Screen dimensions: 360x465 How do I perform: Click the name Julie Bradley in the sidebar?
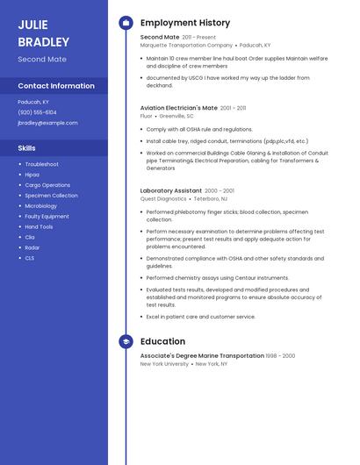coord(43,32)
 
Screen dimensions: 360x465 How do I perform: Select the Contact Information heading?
coord(56,86)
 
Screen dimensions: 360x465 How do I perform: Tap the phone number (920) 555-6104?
coord(37,112)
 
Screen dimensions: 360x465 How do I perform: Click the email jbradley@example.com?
coord(47,123)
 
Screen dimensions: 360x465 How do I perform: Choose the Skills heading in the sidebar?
coord(26,148)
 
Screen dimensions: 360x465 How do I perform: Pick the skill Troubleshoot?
coord(41,164)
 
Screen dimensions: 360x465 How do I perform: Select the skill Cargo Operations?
coord(47,185)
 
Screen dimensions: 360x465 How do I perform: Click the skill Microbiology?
coord(41,206)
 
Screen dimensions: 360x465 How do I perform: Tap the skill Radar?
coord(32,247)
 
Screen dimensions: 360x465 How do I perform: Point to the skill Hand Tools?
coord(39,226)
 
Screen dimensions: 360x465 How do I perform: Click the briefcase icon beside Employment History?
coord(126,23)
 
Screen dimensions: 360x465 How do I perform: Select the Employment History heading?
coord(185,23)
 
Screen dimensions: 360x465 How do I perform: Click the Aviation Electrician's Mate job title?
coord(179,108)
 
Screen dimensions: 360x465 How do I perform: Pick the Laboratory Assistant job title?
coord(171,190)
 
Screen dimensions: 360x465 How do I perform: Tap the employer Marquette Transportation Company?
coord(186,45)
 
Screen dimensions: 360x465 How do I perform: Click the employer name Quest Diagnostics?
coord(163,198)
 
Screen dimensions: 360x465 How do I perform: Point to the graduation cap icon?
coord(126,341)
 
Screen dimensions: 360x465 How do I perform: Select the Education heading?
coord(162,341)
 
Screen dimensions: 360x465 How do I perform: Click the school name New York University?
coord(164,363)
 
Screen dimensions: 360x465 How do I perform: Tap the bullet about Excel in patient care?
coord(200,317)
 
